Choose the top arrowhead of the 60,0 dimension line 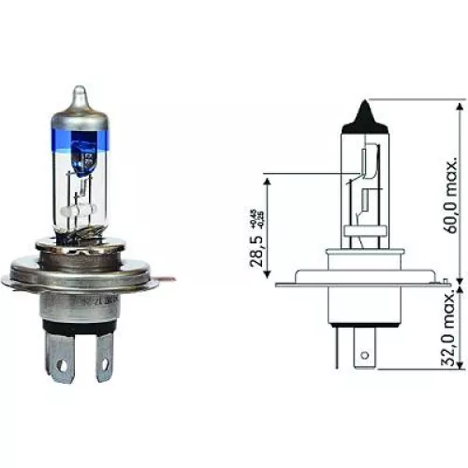point(460,103)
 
